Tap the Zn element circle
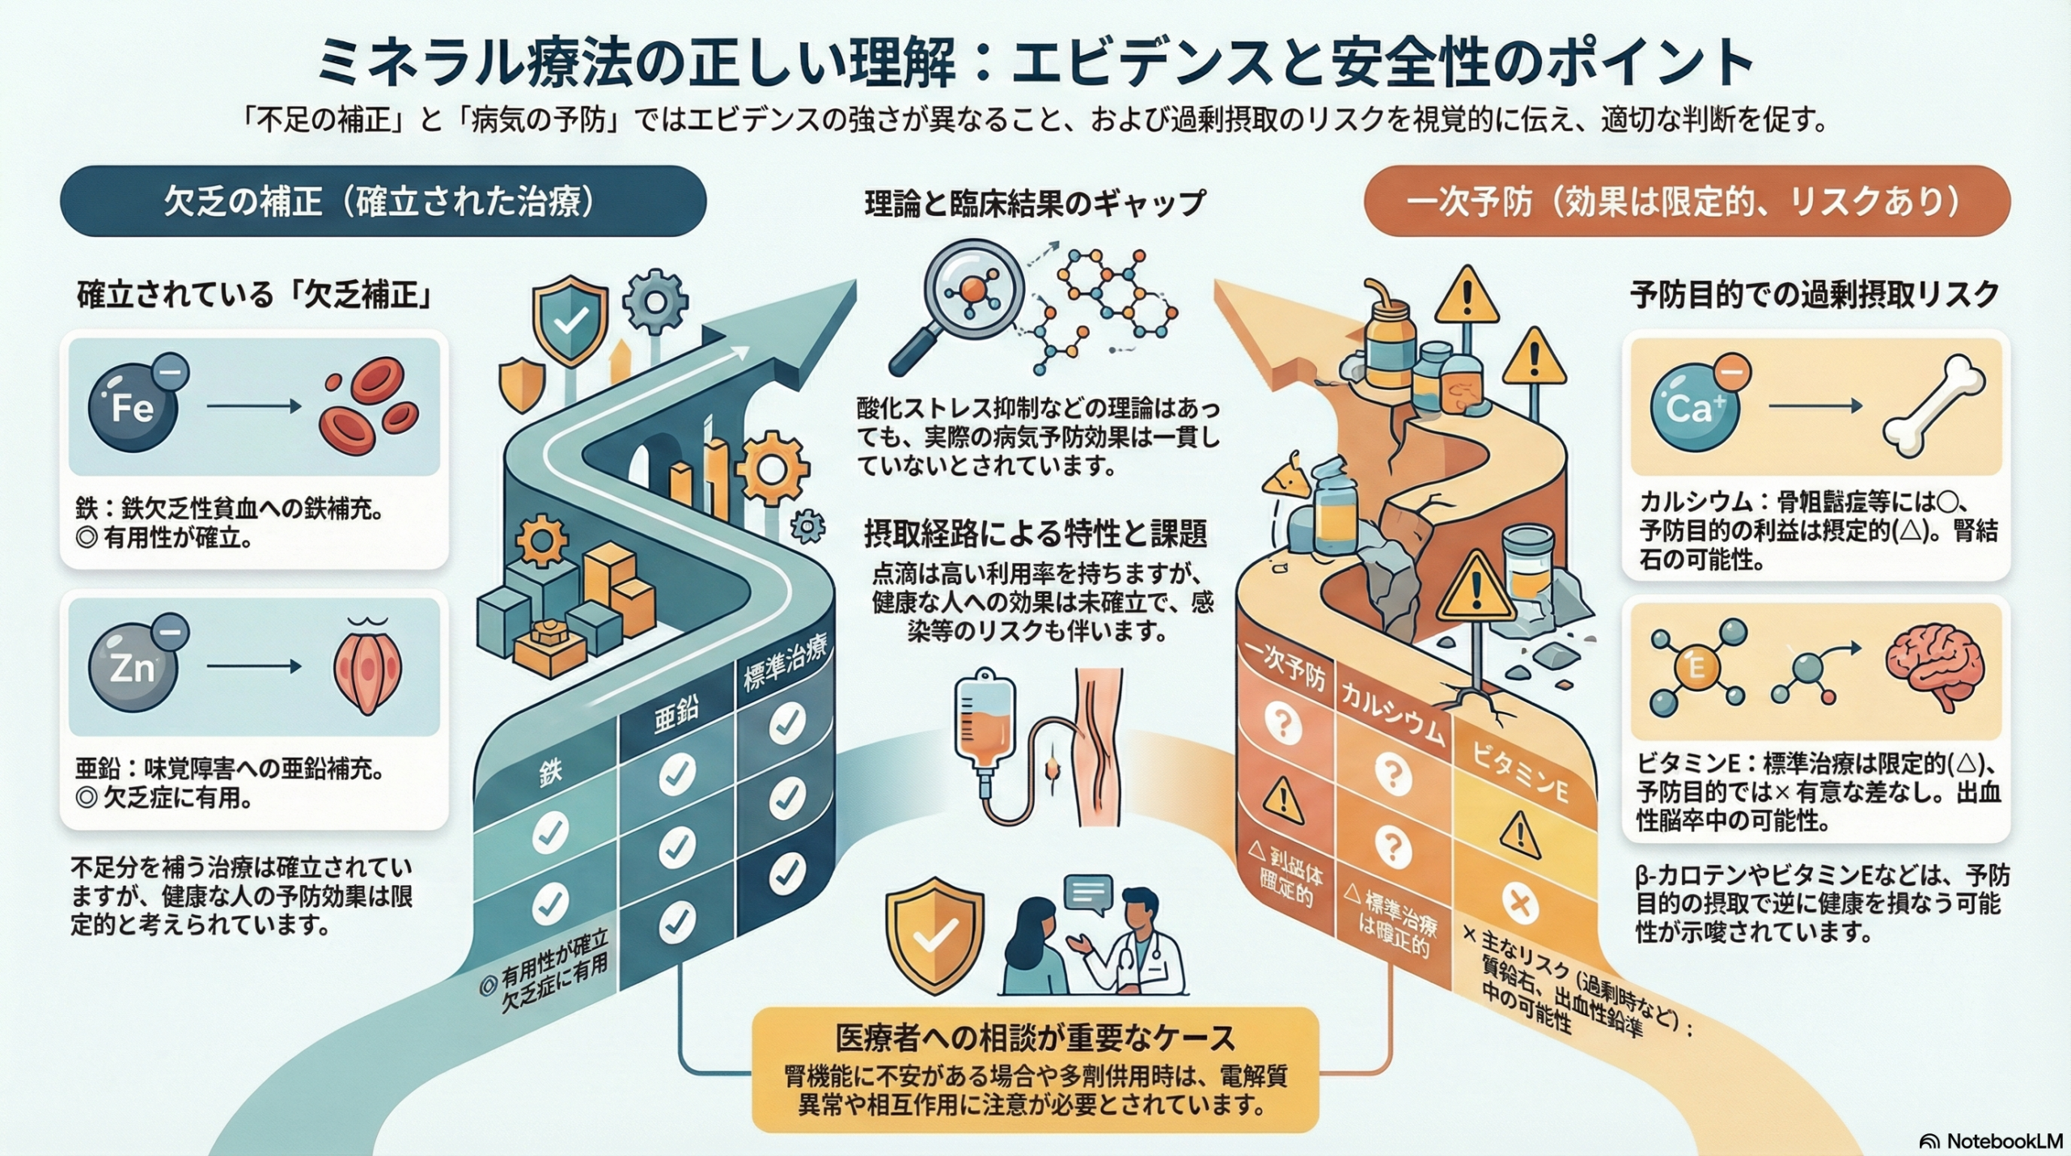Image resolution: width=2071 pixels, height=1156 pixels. [132, 667]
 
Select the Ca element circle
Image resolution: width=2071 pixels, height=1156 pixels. [1688, 407]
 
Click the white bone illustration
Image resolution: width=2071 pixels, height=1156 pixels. [1933, 406]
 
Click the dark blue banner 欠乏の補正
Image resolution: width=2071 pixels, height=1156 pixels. [383, 201]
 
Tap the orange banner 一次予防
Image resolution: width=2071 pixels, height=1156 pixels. [1686, 201]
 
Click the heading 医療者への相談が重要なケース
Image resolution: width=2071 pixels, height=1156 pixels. [1035, 1038]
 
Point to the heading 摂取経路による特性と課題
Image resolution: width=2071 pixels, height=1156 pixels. [1035, 534]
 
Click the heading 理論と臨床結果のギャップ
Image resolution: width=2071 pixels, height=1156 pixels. [1035, 203]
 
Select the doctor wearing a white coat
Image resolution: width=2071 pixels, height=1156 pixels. [1141, 946]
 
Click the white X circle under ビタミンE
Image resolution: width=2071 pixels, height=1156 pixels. [1519, 903]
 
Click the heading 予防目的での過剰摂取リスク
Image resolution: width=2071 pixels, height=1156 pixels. [1815, 295]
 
